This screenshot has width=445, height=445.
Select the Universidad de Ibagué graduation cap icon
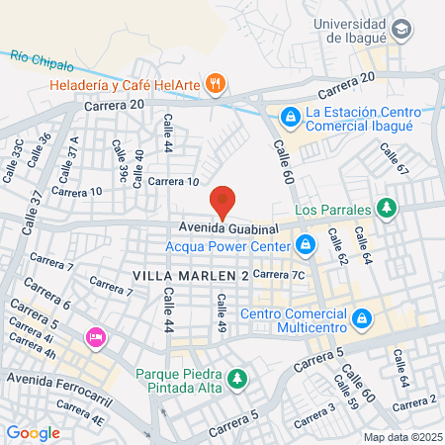pyautogui.click(x=400, y=30)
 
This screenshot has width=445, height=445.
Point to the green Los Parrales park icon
pyautogui.click(x=388, y=209)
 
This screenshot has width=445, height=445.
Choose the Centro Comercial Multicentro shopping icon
pyautogui.click(x=362, y=318)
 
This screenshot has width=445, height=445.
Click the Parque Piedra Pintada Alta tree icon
pyautogui.click(x=235, y=379)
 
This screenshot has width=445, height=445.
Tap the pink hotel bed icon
pyautogui.click(x=96, y=338)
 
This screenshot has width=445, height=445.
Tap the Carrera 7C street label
pyautogui.click(x=280, y=273)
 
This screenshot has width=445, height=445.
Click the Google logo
pyautogui.click(x=34, y=432)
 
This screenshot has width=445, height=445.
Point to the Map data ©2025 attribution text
pyautogui.click(x=400, y=437)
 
